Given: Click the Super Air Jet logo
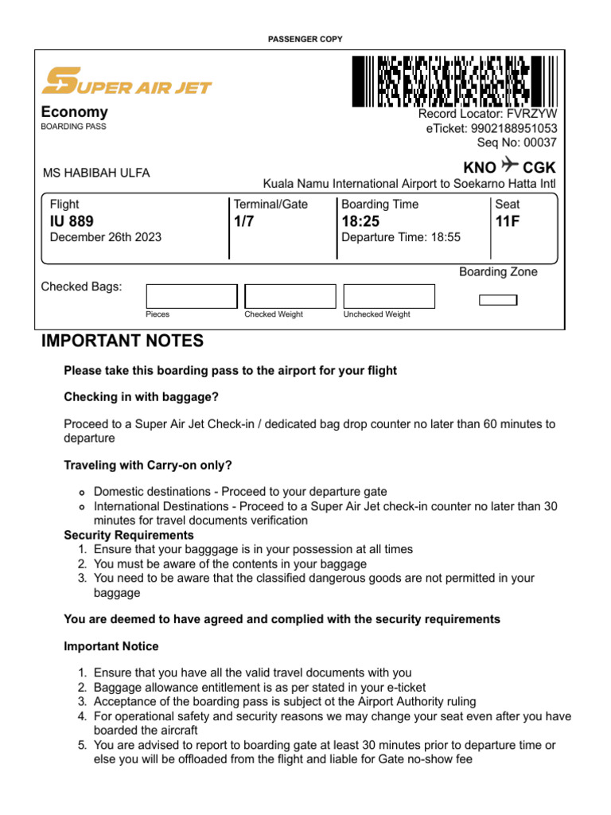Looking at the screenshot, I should point(126,81).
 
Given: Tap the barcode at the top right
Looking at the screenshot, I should point(454,81).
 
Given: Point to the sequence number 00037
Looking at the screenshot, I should point(539,142).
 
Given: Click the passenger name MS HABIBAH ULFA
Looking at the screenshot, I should point(95,174).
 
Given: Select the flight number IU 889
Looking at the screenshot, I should point(72,221).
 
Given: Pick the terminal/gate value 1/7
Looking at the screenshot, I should point(243,221).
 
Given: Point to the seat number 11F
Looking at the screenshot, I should point(508,221).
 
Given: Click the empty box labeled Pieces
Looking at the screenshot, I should point(192,296).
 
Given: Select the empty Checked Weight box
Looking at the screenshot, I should point(290,296).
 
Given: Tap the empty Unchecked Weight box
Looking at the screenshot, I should point(389,296).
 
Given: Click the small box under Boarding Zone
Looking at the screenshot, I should point(498,300).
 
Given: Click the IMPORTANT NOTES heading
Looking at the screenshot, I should point(123,341).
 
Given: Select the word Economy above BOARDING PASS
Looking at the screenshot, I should point(75,112).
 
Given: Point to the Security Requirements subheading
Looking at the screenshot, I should point(129,535).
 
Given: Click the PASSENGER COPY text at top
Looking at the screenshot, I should point(305,39).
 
